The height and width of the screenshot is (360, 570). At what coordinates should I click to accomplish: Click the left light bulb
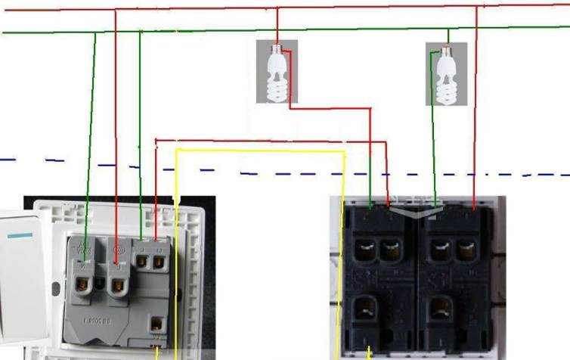click(277, 76)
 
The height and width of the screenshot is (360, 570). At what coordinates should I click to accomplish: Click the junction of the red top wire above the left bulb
click(277, 9)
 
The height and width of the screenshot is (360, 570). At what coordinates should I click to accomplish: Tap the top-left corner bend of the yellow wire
click(176, 150)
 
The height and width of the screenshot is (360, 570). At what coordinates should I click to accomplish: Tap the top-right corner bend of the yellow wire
click(345, 152)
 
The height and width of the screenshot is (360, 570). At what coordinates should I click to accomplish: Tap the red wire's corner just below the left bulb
click(290, 108)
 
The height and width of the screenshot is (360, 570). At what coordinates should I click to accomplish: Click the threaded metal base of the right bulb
click(447, 53)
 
